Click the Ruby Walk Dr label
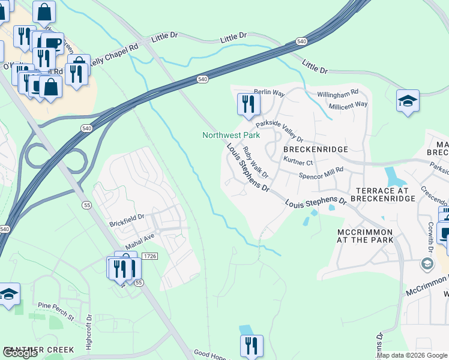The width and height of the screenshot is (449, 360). coord(255,160)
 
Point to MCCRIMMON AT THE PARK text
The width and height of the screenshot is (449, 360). coord(364,236)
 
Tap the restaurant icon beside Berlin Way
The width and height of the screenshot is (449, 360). coord(247,104)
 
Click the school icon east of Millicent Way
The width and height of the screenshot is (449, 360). coord(408,101)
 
